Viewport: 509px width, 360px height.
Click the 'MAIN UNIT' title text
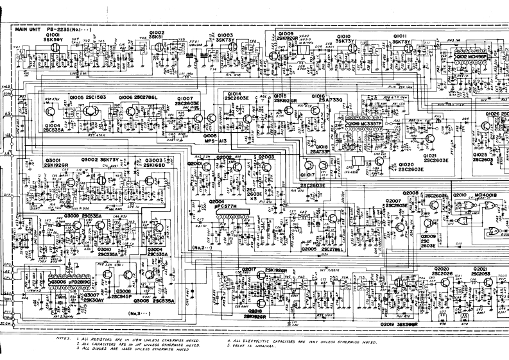29,30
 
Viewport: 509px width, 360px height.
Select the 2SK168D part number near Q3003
154,165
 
